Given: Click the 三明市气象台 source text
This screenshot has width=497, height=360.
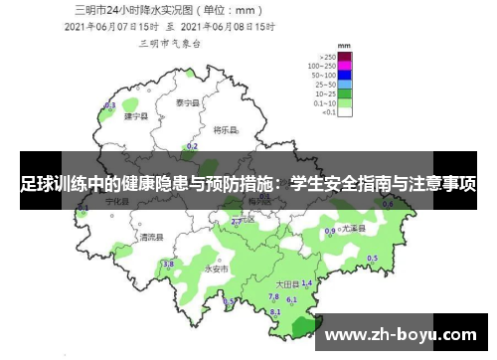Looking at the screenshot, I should (171, 45).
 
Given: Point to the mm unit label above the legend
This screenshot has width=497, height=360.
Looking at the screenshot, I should (343, 46).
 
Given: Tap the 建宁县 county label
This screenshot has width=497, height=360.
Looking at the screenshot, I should (135, 116).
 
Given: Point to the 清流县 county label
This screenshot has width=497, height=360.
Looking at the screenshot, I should (151, 237).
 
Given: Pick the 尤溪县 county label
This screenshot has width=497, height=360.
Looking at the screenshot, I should (353, 228).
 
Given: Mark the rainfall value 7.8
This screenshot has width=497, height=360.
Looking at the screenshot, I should (273, 296).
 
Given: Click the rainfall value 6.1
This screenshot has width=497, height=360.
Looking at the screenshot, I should (291, 298).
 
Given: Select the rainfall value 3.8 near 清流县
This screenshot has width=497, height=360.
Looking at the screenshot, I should (168, 264).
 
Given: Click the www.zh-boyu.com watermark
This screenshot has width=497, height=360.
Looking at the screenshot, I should (408, 332).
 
